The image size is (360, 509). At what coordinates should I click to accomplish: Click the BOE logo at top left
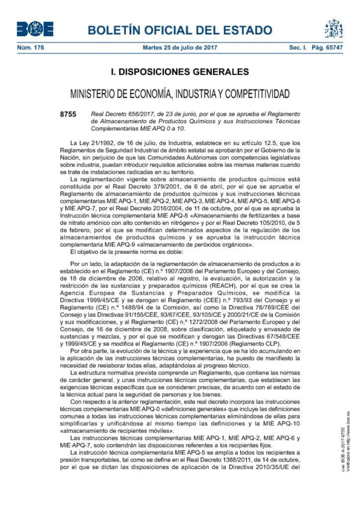pyautogui.click(x=35, y=29)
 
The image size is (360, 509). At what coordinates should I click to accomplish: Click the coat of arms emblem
pyautogui.click(x=334, y=29)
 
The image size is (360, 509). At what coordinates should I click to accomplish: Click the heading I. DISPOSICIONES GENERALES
pyautogui.click(x=180, y=73)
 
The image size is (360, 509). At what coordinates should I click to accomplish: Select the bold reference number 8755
pyautogui.click(x=68, y=114)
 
